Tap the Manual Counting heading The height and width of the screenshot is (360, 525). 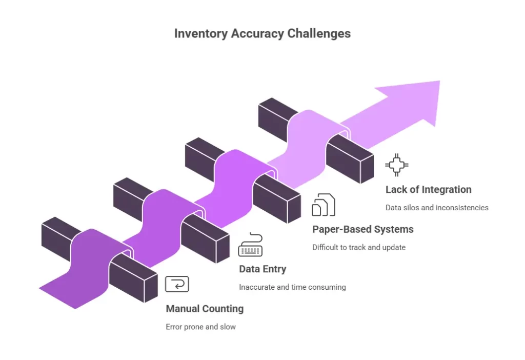[205, 309]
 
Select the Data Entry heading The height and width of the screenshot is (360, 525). [262, 269]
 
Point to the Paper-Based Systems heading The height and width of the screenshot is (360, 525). [362, 229]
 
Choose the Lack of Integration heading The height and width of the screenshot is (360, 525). [428, 190]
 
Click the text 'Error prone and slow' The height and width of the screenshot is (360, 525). [200, 327]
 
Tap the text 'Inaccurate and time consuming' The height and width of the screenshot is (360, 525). [292, 287]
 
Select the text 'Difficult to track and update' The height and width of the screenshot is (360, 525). [358, 247]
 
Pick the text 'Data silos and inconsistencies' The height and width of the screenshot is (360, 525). [437, 208]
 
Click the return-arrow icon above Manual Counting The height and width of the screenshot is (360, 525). [177, 284]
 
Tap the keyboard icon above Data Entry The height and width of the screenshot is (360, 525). [250, 245]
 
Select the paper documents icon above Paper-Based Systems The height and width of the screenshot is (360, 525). [324, 205]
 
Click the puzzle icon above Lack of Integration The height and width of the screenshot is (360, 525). [397, 165]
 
